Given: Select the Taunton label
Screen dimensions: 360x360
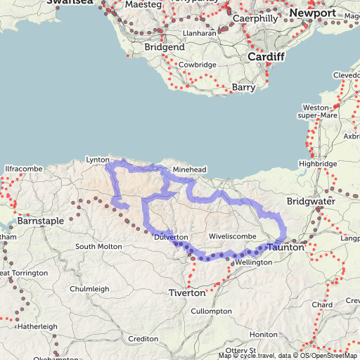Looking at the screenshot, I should pyautogui.click(x=285, y=248).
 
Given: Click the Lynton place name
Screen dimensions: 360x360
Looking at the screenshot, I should pyautogui.click(x=98, y=160).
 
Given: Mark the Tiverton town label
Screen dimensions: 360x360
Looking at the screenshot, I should pyautogui.click(x=187, y=292).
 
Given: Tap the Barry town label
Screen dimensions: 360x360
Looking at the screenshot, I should pyautogui.click(x=243, y=88).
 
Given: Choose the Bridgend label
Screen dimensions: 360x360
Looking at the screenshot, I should pyautogui.click(x=165, y=47).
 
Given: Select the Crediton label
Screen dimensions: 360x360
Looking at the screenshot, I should pyautogui.click(x=143, y=339).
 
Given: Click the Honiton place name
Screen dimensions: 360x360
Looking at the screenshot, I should pyautogui.click(x=264, y=334).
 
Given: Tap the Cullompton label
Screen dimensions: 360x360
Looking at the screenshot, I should pyautogui.click(x=211, y=311).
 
